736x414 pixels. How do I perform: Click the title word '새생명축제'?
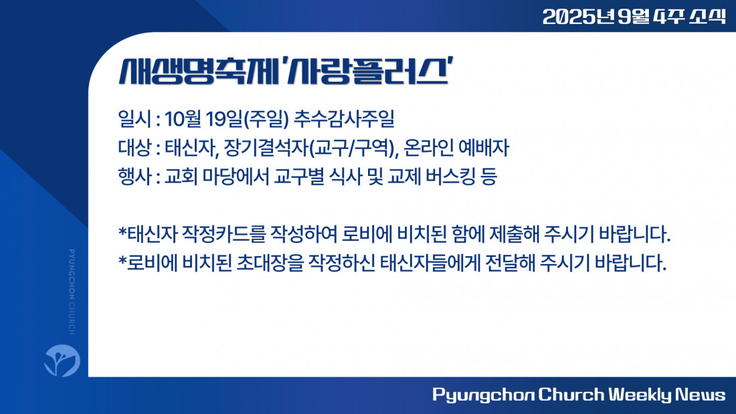pos(199,72)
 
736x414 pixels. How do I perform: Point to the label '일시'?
pos(134,119)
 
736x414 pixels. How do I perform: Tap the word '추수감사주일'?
pos(344,119)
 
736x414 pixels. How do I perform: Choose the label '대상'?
pos(134,148)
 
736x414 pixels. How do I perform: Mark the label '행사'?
pos(134,177)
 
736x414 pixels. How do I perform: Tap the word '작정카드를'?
pos(223,234)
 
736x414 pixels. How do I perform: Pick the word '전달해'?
pos(510,263)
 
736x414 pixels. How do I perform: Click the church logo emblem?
pos(62,360)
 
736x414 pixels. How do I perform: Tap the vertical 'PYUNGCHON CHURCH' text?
pos(72,292)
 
